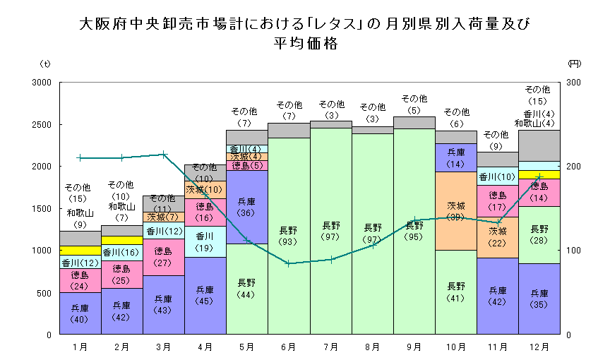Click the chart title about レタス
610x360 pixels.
point(304,33)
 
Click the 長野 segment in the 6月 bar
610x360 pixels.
point(288,236)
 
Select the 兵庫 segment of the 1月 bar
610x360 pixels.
point(80,313)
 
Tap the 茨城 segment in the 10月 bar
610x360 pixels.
point(456,210)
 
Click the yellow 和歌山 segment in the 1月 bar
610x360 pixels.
point(80,250)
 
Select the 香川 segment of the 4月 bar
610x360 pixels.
point(205,241)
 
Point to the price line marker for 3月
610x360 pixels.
point(163,154)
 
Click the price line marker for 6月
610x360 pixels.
point(288,263)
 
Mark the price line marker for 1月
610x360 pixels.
point(80,158)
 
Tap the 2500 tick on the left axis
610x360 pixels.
point(42,124)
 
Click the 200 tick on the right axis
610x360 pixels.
point(573,167)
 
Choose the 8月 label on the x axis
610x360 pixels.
point(372,347)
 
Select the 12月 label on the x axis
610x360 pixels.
point(539,347)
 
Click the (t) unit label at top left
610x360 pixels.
point(46,64)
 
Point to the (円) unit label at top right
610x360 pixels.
point(573,64)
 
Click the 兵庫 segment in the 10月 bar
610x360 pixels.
point(456,157)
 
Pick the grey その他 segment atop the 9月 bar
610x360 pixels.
point(414,122)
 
